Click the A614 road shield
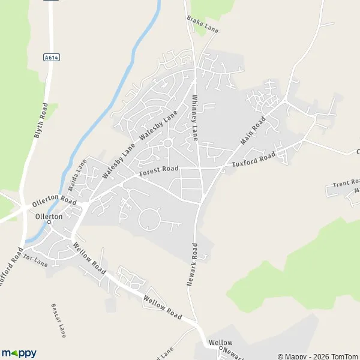click(x=50, y=57)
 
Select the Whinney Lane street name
click(x=194, y=118)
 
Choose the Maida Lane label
click(x=77, y=172)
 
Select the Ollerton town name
click(x=49, y=216)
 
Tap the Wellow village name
click(x=220, y=343)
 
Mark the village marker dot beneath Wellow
click(x=220, y=349)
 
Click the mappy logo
click(x=19, y=353)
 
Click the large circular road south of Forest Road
click(x=149, y=219)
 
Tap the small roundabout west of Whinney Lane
click(x=167, y=143)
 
